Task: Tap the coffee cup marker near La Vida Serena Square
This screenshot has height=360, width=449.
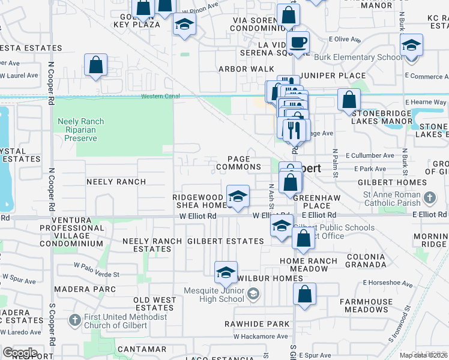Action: click(x=298, y=42)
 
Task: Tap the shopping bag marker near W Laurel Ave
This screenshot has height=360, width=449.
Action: click(x=96, y=65)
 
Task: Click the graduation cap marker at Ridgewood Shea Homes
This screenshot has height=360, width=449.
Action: click(x=238, y=196)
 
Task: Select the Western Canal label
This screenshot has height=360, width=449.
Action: click(x=160, y=96)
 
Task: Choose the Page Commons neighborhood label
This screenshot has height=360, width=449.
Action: click(x=239, y=163)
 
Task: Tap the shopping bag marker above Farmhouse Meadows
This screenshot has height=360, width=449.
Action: click(x=305, y=295)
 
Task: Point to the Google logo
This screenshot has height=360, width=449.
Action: click(x=19, y=352)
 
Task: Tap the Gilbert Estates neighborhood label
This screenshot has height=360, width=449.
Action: click(x=225, y=241)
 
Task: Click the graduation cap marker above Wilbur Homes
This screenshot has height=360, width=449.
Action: click(x=226, y=272)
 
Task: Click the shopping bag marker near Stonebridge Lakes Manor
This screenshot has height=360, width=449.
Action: click(x=349, y=99)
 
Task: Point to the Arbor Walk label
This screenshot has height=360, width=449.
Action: click(x=246, y=69)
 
